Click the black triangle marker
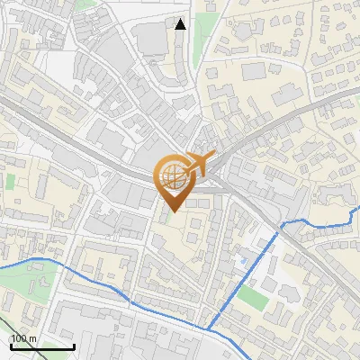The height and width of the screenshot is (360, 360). (181, 24)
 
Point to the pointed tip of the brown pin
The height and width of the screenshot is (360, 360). (172, 211)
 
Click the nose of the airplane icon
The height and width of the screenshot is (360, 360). (214, 155)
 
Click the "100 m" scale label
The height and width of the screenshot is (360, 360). (24, 338)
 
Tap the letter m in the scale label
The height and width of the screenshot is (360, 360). (33, 338)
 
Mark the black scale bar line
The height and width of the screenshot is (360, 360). (41, 346)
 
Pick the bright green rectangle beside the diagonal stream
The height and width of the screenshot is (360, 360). (253, 298)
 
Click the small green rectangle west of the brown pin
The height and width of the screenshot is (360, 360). (11, 181)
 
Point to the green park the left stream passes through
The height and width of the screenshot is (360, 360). (22, 283)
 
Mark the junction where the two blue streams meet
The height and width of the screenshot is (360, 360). (208, 329)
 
